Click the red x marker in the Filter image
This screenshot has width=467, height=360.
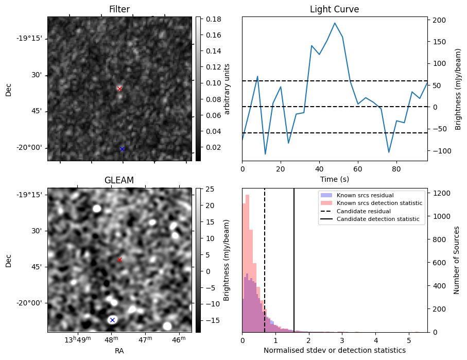[x=119, y=89]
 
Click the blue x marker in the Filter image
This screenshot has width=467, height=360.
[x=122, y=149]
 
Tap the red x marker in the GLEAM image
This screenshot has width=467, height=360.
[x=119, y=260]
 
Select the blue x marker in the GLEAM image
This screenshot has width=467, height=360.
[x=112, y=320]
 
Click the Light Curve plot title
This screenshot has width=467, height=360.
[x=334, y=9]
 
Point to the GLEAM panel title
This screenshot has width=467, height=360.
[x=119, y=180]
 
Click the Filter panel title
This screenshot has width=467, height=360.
[x=119, y=9]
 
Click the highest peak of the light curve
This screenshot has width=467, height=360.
[x=335, y=23]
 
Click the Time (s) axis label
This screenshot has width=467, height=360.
[x=334, y=179]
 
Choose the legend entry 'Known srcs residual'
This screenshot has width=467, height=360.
[x=365, y=195]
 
